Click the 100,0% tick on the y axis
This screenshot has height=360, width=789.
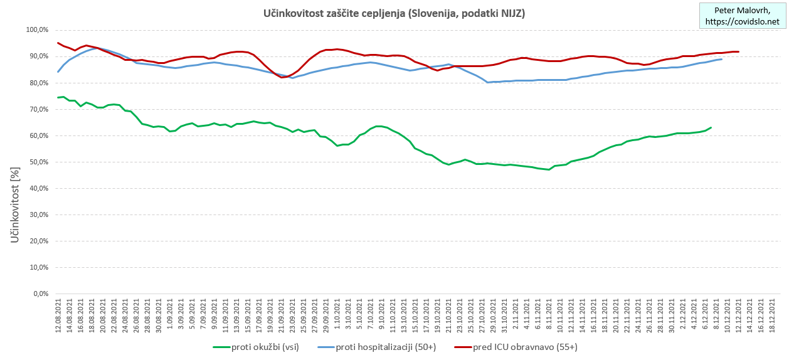(x=37, y=30)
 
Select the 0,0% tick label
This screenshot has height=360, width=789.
(x=40, y=294)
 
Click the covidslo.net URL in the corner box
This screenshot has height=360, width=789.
(x=742, y=22)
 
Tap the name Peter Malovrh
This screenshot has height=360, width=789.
(x=742, y=11)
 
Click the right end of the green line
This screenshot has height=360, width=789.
(x=711, y=127)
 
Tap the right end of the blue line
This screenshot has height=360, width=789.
(x=722, y=59)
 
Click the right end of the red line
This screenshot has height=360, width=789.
(x=738, y=51)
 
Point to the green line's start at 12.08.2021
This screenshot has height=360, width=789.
(x=58, y=97)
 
